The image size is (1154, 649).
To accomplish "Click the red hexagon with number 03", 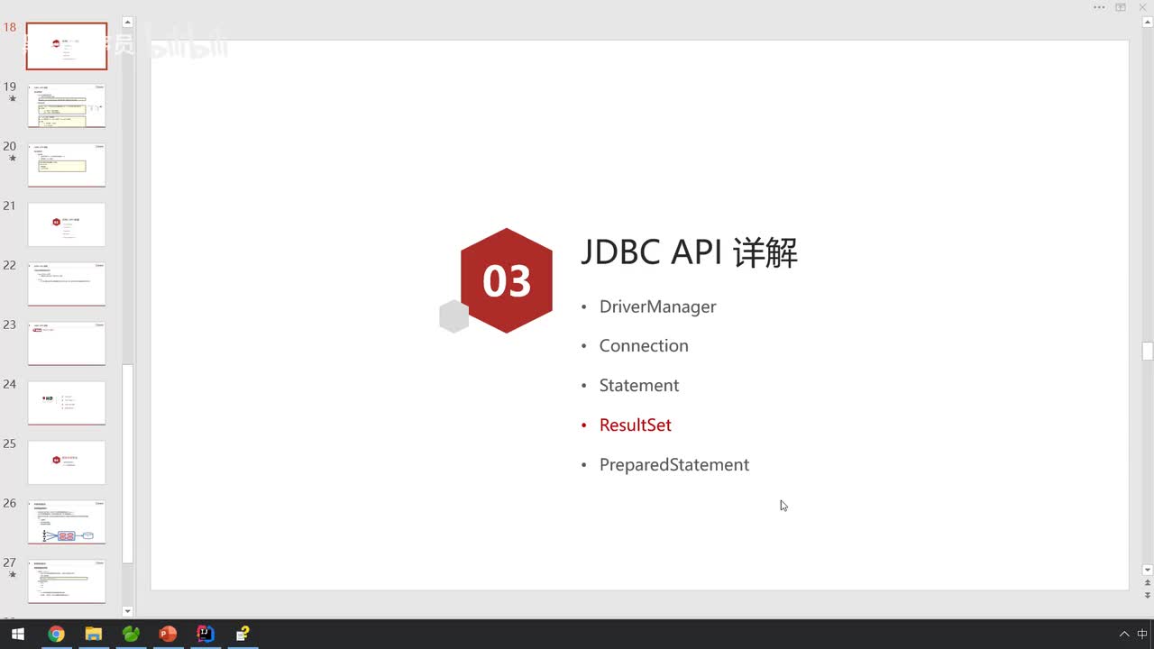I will tap(506, 280).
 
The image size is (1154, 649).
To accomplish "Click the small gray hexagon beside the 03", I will tap(453, 317).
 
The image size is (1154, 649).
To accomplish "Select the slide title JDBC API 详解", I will tap(689, 252).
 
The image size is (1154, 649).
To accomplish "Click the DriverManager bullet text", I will tap(657, 306).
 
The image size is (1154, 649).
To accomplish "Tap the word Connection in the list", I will tap(643, 346).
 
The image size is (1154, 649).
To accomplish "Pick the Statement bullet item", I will tap(638, 386).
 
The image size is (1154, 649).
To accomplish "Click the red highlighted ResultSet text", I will tap(635, 425).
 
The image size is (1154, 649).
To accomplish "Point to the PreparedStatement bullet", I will tap(673, 465).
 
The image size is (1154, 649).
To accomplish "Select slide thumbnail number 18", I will tap(67, 47).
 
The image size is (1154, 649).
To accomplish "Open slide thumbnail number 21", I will tap(67, 224).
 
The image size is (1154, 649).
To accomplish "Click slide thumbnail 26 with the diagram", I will tap(67, 522).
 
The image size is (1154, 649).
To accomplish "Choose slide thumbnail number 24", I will tap(67, 403).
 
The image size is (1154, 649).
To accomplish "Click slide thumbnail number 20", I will tap(67, 165).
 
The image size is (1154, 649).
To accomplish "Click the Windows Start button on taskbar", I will tap(17, 634).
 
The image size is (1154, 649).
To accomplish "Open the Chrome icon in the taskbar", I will tap(56, 634).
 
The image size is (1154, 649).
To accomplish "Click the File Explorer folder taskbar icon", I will tap(93, 634).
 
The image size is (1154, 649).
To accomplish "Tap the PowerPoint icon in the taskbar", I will tap(168, 634).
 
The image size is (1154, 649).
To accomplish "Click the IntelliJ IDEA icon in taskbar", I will tap(205, 634).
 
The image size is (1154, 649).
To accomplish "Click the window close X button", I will tap(1142, 7).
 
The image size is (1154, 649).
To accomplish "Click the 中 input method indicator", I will tap(1142, 634).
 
